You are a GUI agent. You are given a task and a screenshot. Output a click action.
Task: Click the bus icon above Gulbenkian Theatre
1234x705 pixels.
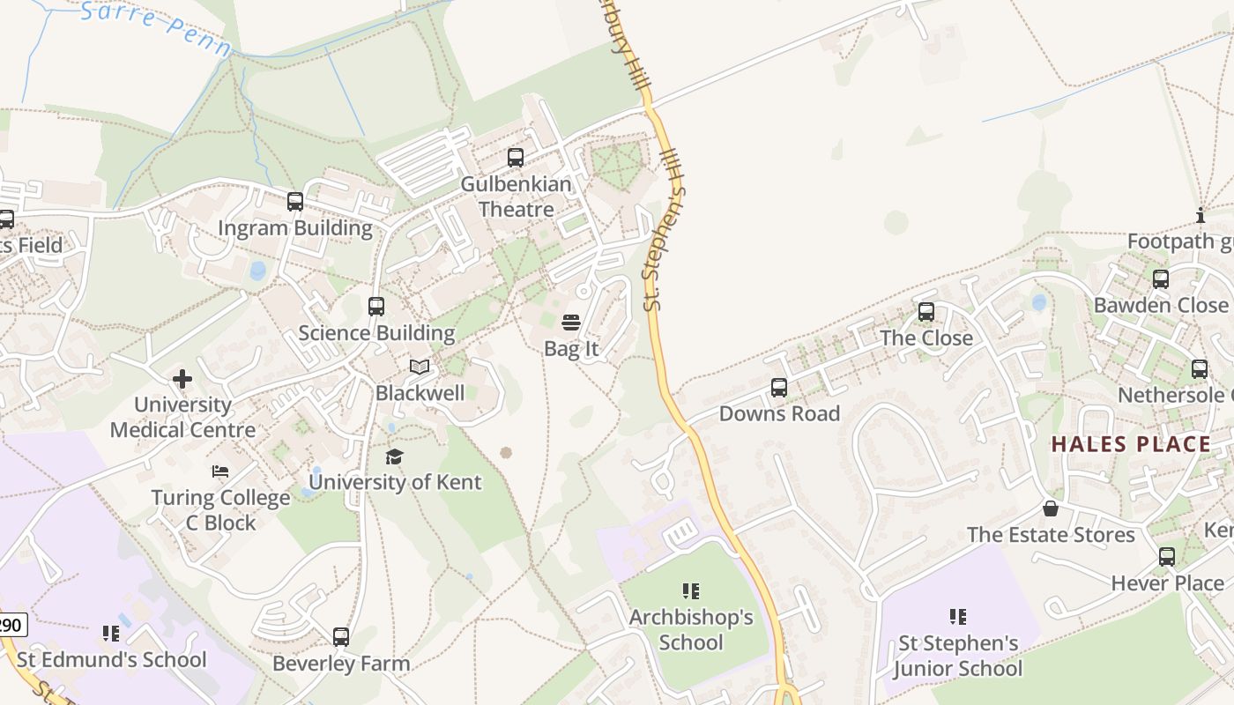pos(516,158)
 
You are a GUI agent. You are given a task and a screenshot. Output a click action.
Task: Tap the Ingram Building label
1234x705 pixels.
pos(295,228)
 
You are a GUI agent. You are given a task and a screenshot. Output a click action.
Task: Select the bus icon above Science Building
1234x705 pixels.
pos(376,307)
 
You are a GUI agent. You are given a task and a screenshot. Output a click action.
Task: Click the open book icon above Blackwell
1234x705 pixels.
pos(420,367)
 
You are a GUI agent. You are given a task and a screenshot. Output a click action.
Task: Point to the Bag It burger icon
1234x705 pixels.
pos(571,323)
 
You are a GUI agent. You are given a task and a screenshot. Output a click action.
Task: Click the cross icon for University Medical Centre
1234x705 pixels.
pos(182,379)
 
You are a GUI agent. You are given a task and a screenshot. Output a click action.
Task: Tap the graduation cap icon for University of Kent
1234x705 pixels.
pos(394,456)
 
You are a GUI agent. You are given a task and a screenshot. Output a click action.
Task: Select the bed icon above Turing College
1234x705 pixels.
pos(220,471)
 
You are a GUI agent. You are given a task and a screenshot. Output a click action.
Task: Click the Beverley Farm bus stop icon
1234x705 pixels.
pos(341,636)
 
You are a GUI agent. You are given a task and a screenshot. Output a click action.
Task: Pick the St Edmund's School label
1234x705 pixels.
pos(112,659)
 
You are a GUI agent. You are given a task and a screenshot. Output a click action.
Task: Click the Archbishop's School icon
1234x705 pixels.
pos(691,590)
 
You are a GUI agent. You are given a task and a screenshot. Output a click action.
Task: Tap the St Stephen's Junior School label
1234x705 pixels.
pos(958,656)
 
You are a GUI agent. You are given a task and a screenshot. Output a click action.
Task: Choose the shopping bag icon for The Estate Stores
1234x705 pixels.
pos(1051,508)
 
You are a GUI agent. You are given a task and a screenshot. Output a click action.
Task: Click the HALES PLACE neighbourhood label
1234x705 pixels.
pos(1131,444)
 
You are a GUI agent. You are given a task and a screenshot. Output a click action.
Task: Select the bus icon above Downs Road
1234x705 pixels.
pos(779,388)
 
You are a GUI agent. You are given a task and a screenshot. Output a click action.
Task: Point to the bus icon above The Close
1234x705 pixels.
pos(926,312)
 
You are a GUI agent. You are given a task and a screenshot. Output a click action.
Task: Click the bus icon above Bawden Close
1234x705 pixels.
pos(1161,279)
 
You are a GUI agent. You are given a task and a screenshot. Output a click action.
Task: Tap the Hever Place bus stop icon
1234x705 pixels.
pos(1167,557)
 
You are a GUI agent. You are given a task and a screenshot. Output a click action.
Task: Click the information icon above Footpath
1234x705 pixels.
pos(1200,215)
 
